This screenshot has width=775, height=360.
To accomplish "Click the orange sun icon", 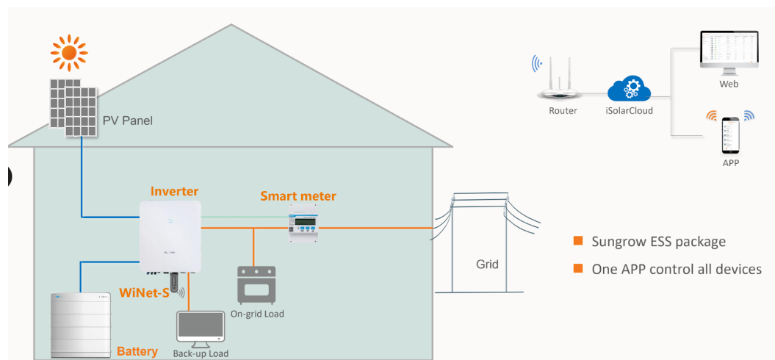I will click(x=68, y=51).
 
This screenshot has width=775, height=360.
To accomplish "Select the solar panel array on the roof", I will click(x=73, y=107).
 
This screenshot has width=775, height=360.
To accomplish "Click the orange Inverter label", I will click(x=174, y=192).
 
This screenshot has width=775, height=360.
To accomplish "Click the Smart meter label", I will click(x=298, y=196).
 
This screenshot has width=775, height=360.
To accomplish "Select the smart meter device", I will click(x=303, y=228).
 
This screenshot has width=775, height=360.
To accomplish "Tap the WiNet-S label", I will click(x=143, y=294).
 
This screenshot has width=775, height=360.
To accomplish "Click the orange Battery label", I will click(x=137, y=351).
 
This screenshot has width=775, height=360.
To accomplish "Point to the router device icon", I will click(x=562, y=80).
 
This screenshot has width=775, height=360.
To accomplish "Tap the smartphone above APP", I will click(x=730, y=134).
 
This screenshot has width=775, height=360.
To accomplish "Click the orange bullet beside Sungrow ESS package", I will click(x=578, y=241).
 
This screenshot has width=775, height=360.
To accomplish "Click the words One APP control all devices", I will click(x=676, y=269).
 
